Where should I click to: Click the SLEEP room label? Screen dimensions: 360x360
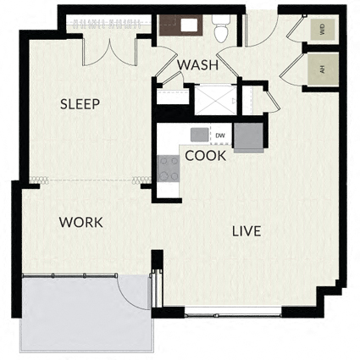[80, 104]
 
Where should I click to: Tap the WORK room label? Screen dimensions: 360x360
[80, 223]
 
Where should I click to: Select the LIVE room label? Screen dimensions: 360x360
[246, 231]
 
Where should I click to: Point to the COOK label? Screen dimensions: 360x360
[206, 156]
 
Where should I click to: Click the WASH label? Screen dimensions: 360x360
[198, 65]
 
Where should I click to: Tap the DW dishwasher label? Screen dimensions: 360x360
[220, 136]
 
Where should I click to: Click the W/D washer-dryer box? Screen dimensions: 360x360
[323, 30]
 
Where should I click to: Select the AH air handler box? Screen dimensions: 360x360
[323, 69]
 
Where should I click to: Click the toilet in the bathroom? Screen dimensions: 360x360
[222, 28]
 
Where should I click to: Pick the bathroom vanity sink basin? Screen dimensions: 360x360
[189, 25]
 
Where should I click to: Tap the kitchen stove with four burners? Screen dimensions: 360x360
[169, 169]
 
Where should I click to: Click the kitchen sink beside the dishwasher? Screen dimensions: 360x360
[200, 135]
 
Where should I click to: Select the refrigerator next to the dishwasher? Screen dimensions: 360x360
[248, 137]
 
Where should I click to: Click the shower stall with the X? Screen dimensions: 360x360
[216, 100]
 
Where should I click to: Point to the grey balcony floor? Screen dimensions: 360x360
[85, 313]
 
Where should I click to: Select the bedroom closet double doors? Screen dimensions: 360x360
[109, 53]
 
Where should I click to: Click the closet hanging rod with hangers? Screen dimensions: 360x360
[108, 23]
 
